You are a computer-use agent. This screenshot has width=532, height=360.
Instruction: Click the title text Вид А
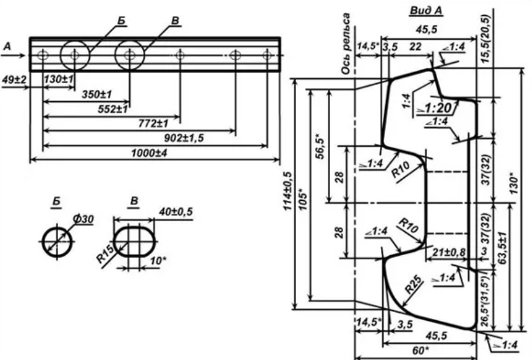(426, 11)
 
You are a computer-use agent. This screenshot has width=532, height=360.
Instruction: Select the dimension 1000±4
(149, 153)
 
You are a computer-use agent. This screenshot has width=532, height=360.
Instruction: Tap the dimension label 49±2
(13, 80)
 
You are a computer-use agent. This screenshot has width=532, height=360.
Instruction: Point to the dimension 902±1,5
(184, 138)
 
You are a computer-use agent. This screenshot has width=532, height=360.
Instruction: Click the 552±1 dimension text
(112, 109)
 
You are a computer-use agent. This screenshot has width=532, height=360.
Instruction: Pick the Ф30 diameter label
(83, 219)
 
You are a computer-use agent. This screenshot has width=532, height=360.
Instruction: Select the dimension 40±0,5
(176, 212)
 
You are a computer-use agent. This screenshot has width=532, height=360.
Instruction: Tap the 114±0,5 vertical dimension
(287, 191)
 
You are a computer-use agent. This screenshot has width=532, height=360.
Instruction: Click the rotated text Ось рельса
(345, 43)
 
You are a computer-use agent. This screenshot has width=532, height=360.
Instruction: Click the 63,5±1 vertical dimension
(502, 248)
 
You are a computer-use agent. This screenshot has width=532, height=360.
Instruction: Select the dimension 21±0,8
(448, 252)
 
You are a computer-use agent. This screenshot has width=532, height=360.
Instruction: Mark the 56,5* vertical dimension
(320, 146)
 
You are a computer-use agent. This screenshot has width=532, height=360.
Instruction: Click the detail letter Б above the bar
(121, 21)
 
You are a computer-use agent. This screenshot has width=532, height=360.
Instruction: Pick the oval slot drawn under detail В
(135, 242)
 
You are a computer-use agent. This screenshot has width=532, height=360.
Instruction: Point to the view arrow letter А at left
(7, 46)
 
